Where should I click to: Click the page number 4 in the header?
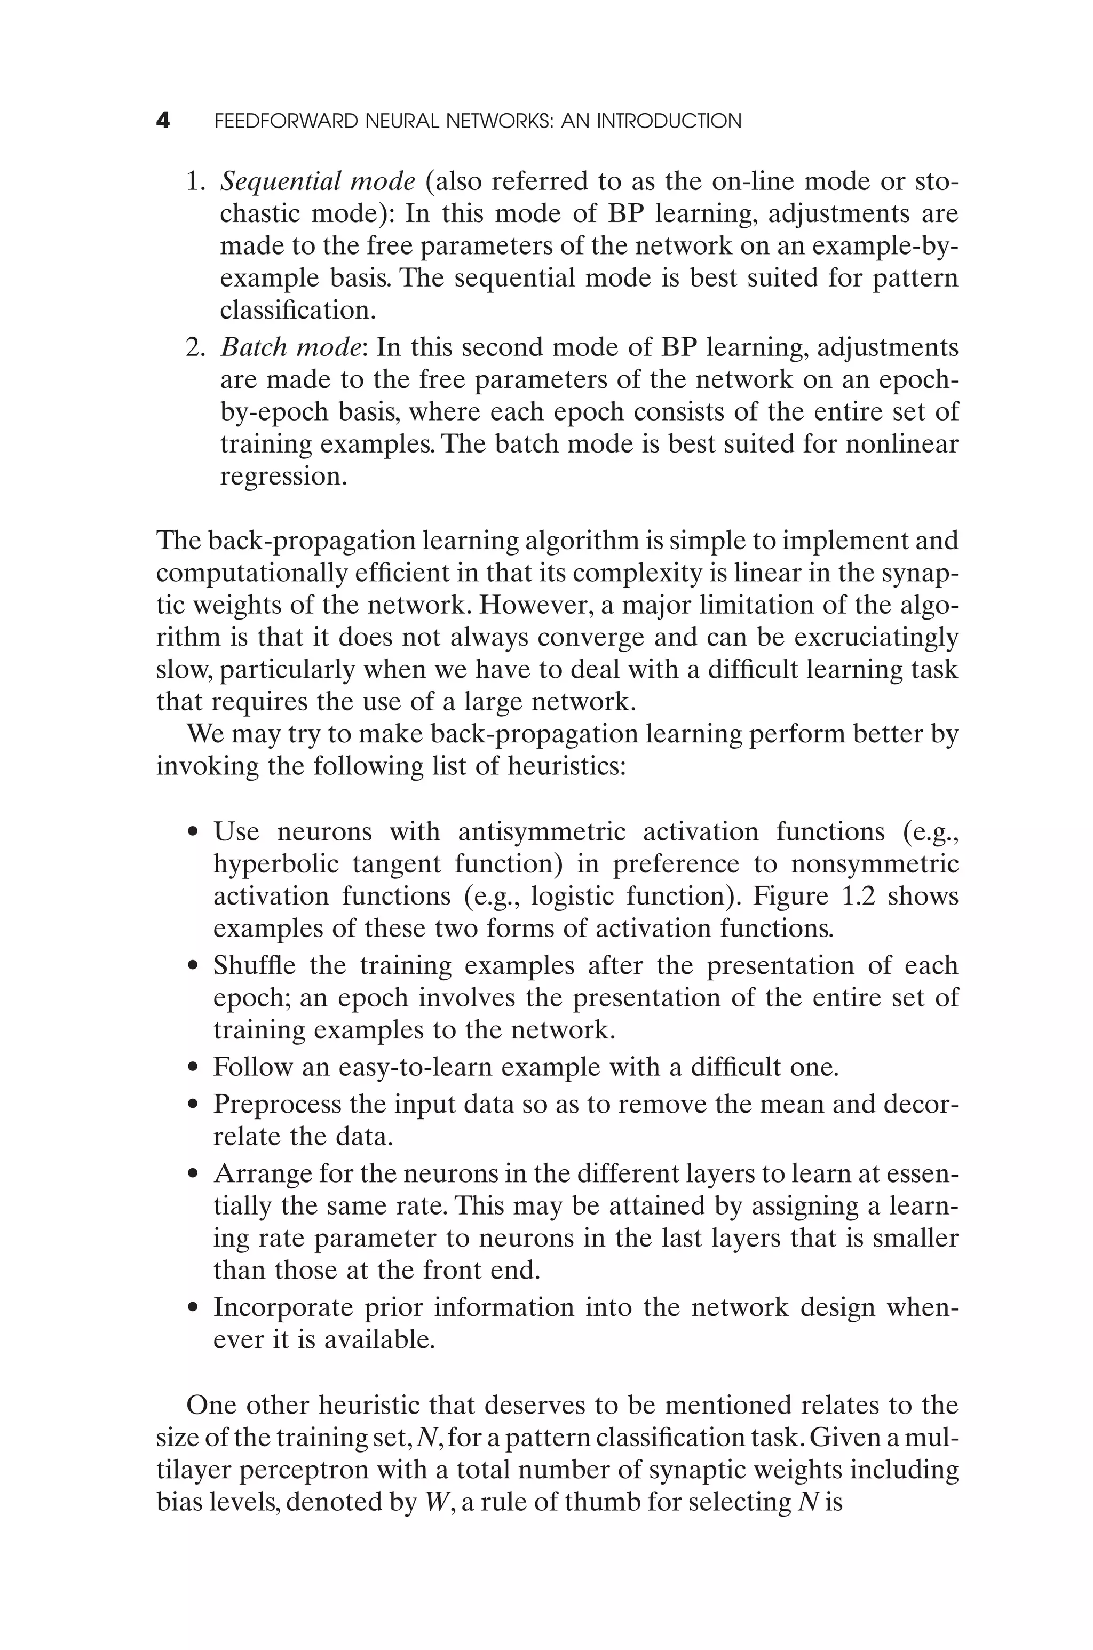(162, 121)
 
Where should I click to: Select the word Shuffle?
(254, 966)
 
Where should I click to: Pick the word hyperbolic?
(275, 864)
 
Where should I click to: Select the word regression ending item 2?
(282, 477)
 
